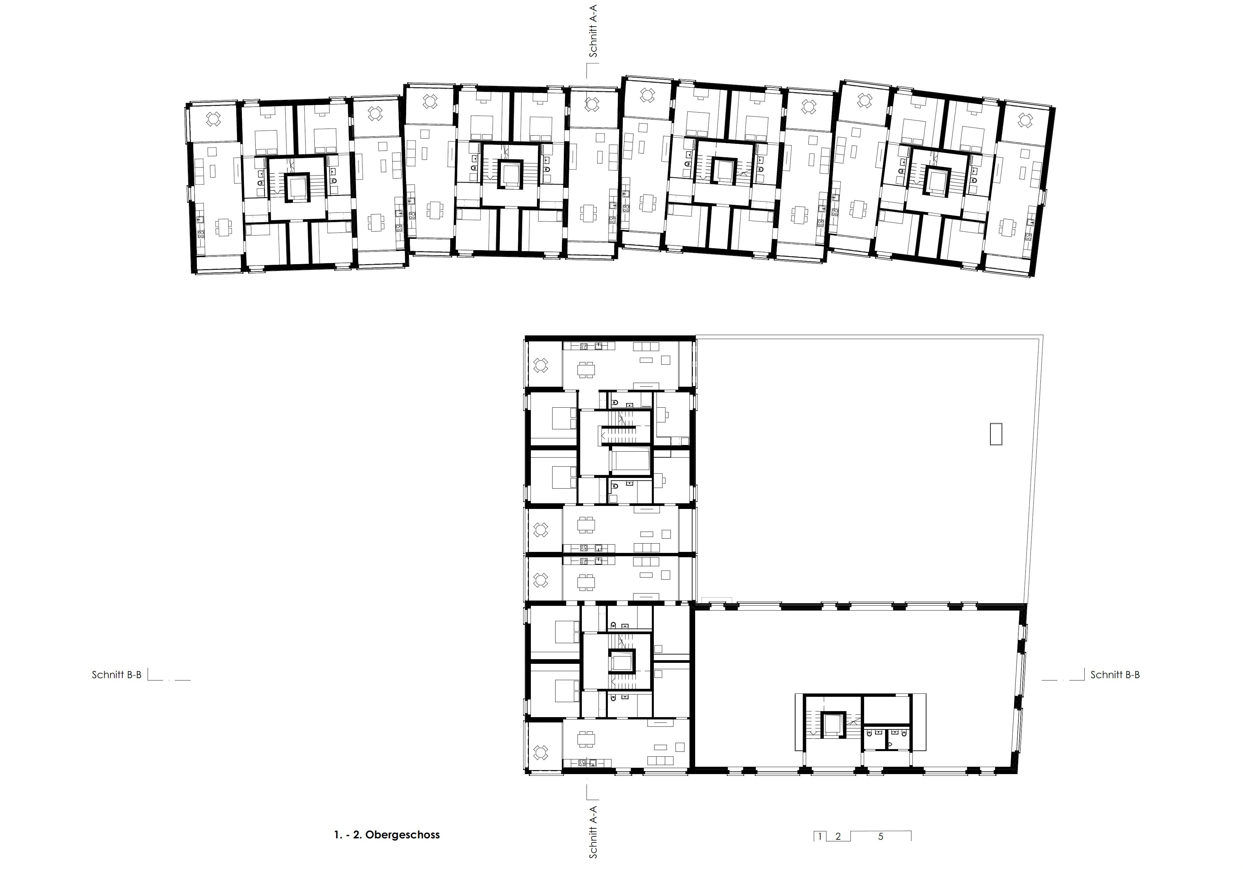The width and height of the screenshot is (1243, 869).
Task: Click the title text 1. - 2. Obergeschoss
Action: pos(387,834)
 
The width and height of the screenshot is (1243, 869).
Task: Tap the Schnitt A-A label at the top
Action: pos(594,31)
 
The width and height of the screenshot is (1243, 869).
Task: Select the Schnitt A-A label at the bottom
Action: pos(594,832)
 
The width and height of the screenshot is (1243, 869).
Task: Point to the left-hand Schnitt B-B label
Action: pos(116,675)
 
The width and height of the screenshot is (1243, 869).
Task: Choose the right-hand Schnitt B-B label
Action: pos(1115,675)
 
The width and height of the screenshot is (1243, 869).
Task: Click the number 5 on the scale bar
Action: pos(881,837)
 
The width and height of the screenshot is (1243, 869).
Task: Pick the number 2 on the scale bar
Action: pos(838,837)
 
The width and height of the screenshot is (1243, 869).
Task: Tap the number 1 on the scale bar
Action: pos(820,837)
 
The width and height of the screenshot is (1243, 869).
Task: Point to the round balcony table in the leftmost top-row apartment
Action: pos(214,119)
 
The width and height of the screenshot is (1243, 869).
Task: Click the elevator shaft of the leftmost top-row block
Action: pos(297,187)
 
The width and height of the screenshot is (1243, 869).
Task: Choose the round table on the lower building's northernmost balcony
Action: pos(541,365)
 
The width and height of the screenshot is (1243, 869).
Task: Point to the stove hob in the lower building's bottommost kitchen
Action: pos(582,763)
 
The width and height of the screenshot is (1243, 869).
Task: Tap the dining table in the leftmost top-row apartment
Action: pos(223,225)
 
